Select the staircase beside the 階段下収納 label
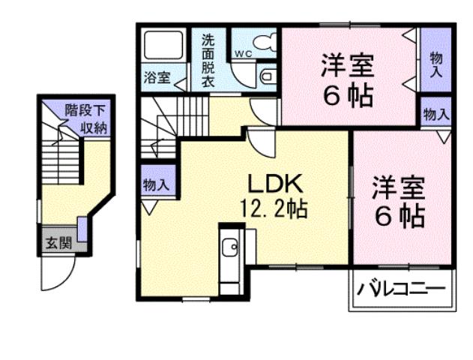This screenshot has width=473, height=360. [58, 157]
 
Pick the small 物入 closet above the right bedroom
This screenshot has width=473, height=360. [436, 115]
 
